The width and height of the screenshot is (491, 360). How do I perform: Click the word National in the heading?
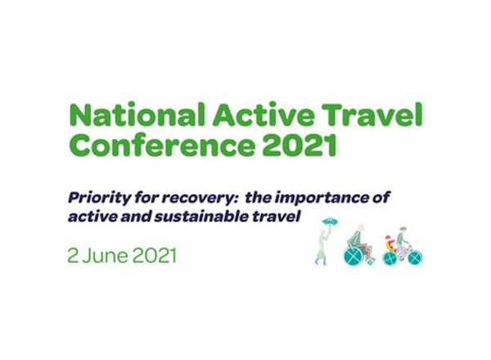click(x=137, y=114)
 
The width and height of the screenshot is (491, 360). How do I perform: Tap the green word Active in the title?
click(x=263, y=114)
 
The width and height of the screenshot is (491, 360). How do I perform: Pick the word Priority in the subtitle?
click(x=98, y=199)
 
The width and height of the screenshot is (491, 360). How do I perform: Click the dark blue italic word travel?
click(x=277, y=216)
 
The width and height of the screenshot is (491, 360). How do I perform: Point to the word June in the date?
click(x=106, y=256)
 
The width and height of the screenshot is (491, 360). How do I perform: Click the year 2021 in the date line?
click(x=155, y=256)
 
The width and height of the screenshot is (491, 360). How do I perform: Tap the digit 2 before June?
click(x=73, y=256)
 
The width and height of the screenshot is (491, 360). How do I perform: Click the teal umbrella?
click(x=331, y=222)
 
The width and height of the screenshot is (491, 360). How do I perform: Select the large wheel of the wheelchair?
click(x=354, y=256)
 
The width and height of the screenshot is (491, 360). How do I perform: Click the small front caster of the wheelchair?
click(x=372, y=261)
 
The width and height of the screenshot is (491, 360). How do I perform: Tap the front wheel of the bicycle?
click(x=415, y=258)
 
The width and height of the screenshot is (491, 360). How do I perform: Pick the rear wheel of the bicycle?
click(x=390, y=259)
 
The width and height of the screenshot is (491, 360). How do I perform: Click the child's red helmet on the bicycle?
click(x=388, y=237)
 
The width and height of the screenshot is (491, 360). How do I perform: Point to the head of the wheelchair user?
click(x=362, y=227)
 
